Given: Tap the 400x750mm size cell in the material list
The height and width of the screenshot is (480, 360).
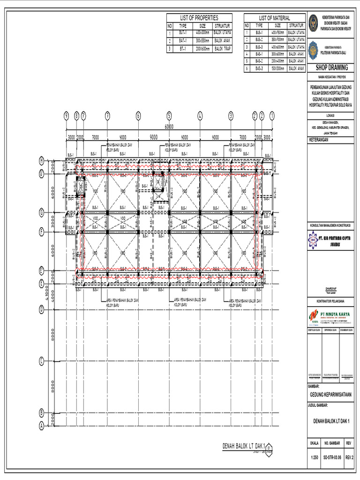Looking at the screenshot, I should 277,33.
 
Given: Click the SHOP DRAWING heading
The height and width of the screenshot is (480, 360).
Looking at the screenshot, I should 331,67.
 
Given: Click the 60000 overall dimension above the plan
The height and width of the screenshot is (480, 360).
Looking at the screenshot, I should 169,127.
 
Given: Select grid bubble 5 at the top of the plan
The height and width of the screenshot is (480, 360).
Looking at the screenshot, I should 169,115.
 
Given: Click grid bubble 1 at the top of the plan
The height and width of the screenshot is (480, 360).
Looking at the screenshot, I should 271,115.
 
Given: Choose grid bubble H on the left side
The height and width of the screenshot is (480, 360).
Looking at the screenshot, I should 41,161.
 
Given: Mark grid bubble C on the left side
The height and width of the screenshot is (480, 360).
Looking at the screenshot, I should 41,361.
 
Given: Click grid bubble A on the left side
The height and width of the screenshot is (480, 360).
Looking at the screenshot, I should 41,426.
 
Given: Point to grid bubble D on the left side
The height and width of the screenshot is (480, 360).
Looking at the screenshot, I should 41,309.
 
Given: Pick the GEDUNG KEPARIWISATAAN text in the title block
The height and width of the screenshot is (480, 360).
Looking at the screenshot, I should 331,394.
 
